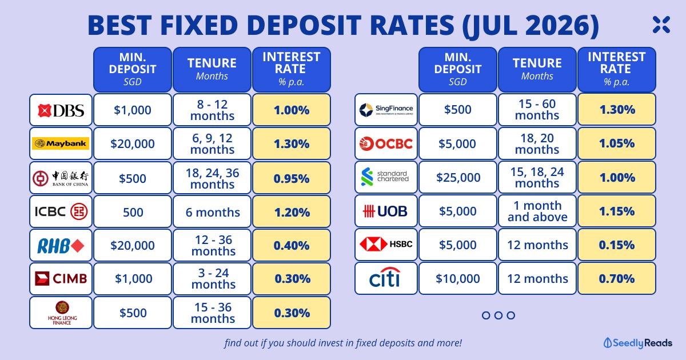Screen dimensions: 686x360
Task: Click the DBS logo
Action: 61,110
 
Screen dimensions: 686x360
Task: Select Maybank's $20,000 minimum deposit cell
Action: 133,143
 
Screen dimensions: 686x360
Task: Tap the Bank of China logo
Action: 61,178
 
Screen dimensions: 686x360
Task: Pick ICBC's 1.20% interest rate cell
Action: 292,212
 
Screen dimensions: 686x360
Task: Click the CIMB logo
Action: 61,279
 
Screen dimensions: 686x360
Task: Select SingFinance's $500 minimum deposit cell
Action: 458,110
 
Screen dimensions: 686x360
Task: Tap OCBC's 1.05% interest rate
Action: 617,143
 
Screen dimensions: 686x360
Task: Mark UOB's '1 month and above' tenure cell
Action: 537,211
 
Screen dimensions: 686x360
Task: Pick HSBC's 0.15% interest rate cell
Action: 617,245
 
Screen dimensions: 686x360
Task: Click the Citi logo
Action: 385,277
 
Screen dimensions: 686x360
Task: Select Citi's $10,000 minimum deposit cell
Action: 458,278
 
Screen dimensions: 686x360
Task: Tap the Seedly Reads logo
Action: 638,343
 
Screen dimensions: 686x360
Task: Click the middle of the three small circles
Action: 498,315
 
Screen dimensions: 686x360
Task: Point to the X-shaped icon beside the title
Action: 661,25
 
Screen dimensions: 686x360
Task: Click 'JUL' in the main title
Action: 491,25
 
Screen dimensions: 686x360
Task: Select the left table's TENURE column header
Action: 212,70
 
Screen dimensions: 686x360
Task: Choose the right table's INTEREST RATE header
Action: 617,70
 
